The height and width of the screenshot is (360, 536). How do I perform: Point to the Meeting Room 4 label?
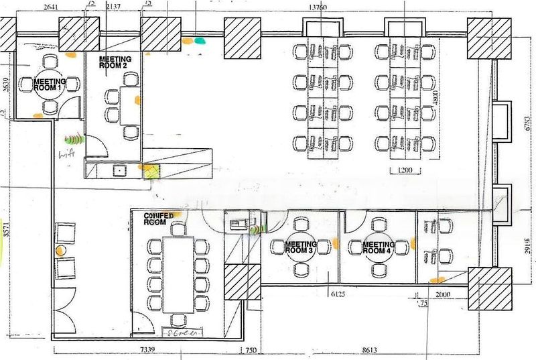pos(378,249)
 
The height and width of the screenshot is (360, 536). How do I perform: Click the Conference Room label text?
pos(159,218)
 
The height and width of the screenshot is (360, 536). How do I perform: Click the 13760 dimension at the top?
pos(321,7)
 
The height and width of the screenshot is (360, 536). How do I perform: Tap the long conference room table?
pos(178,265)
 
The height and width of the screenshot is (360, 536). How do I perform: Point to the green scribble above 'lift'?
pos(73,140)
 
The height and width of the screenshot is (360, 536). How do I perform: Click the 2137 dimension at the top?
pos(121,7)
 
